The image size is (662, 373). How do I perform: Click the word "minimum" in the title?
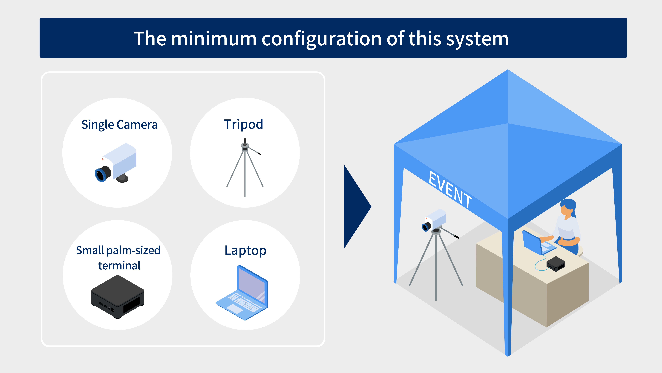click(x=214, y=39)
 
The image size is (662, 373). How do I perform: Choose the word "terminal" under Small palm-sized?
click(x=119, y=265)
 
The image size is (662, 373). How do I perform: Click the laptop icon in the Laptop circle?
click(x=242, y=293)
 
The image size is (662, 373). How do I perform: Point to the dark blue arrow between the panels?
click(x=357, y=207)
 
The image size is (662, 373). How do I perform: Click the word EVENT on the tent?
click(x=450, y=189)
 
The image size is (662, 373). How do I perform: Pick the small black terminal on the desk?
click(x=556, y=264)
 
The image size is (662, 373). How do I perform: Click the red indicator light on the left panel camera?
click(x=103, y=159)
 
